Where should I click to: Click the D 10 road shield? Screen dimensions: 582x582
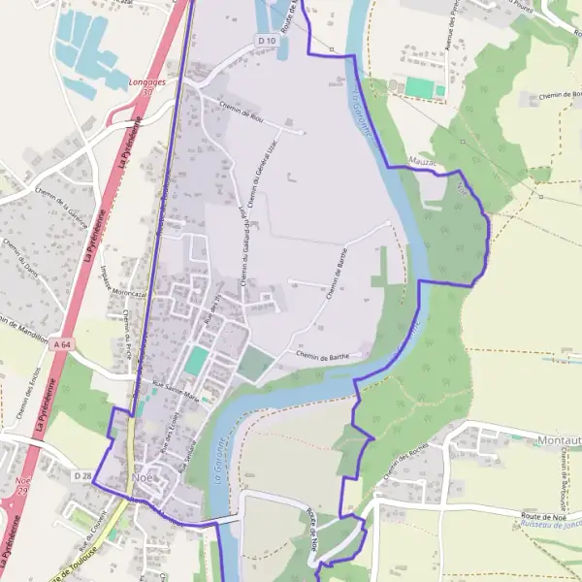click(267, 40)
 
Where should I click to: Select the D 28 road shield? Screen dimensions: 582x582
click(82, 476)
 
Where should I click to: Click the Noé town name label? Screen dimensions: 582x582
click(143, 479)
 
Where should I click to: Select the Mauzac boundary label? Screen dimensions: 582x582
click(423, 161)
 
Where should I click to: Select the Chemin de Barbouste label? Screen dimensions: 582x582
click(562, 480)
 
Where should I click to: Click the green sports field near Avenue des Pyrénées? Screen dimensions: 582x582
click(420, 87)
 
